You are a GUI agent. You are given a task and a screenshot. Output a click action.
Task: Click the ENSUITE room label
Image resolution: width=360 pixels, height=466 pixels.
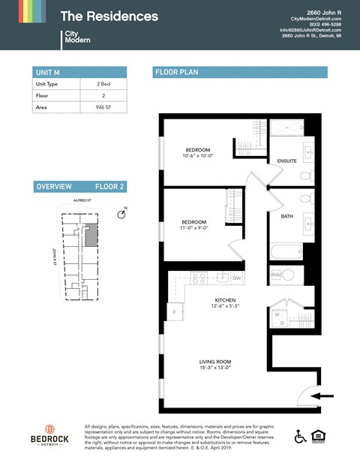286,161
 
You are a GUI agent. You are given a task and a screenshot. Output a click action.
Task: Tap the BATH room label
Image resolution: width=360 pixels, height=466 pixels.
286,216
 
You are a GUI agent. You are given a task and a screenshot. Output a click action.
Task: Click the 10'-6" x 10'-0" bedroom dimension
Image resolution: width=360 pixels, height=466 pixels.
196,156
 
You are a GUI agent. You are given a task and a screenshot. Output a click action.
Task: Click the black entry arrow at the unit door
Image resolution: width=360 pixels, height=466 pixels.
323,395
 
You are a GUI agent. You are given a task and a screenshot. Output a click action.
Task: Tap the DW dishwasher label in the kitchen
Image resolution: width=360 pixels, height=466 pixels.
235,278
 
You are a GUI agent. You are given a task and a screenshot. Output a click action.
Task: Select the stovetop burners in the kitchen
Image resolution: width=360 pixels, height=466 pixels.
199,278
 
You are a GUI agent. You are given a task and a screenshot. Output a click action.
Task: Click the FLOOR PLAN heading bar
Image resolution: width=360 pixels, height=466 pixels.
240,72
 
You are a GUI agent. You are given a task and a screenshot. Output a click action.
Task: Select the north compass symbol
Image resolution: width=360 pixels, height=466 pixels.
121,215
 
